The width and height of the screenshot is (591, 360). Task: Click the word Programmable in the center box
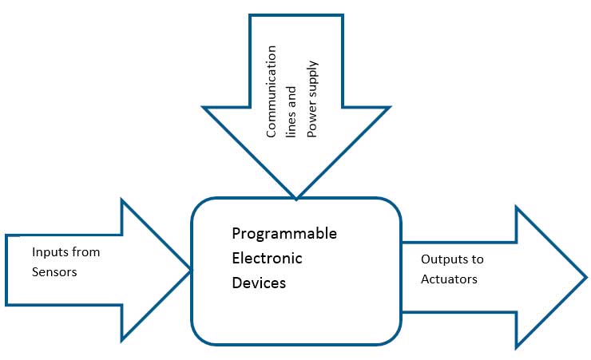coord(284,234)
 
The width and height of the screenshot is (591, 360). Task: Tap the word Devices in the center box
coord(259,283)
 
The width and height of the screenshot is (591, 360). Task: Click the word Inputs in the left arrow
coord(50,252)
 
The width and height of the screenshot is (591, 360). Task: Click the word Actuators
coord(449,279)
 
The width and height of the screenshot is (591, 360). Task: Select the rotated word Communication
coord(272,93)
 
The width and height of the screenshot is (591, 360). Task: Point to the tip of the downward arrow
coord(296,199)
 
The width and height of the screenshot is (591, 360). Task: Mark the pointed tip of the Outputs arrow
coord(586,278)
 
